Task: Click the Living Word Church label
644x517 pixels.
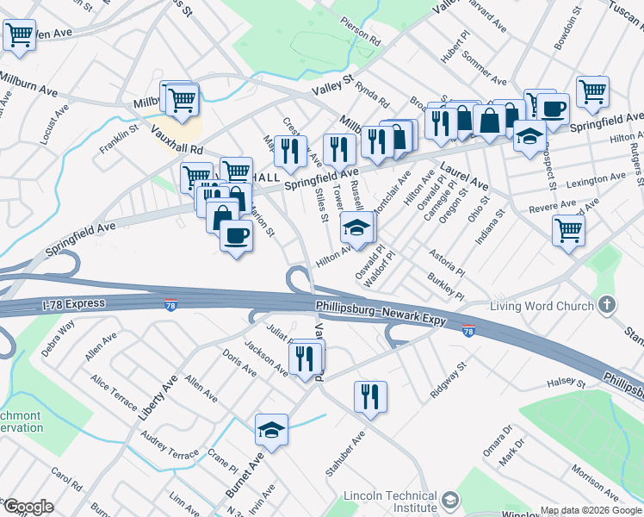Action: tap(542, 306)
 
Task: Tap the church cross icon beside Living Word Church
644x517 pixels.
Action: tap(608, 305)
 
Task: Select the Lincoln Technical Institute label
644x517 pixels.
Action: tap(390, 501)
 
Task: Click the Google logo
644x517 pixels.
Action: tap(28, 507)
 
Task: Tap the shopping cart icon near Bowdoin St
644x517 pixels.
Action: tap(593, 90)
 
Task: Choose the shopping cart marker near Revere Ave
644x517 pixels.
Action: tap(568, 229)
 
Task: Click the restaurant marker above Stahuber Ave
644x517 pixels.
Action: tap(370, 396)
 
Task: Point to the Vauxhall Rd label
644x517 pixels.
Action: tap(176, 138)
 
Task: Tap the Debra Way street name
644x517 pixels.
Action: tap(58, 338)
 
